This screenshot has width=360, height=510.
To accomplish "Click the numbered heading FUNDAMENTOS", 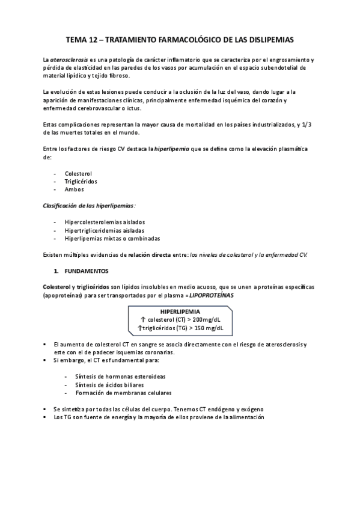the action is [85, 271].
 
